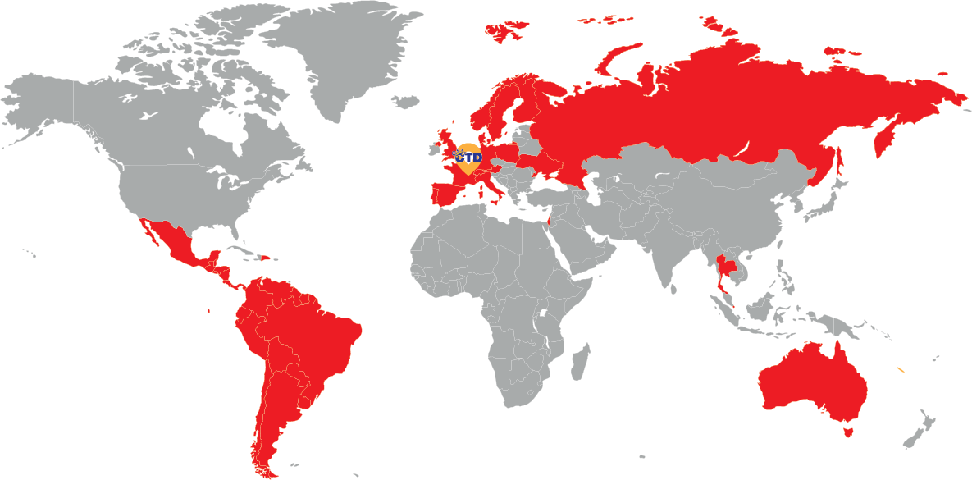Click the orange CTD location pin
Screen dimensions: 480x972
point(468,157)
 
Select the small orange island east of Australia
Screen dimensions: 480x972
point(901,371)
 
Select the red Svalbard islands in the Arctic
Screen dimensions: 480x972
point(507,31)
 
